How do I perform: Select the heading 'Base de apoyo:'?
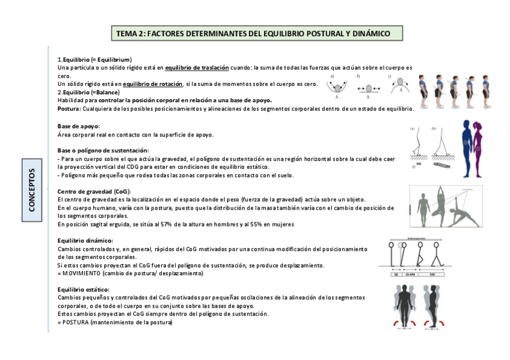click(78, 126)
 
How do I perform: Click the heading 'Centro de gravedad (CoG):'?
click(92, 191)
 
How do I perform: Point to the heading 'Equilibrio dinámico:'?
click(85, 240)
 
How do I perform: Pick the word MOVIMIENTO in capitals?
click(82, 273)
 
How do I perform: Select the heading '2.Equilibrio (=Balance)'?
click(88, 93)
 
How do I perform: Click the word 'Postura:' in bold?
click(69, 109)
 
